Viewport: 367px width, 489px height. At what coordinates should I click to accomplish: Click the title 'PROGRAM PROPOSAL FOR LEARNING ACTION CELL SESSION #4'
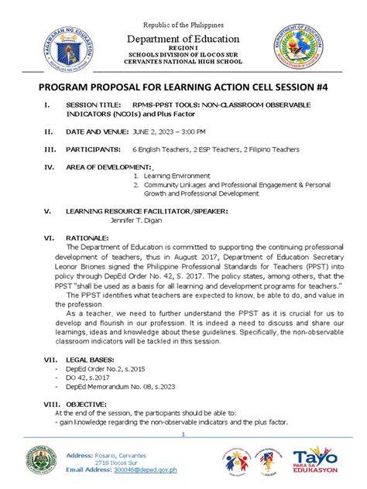[184, 87]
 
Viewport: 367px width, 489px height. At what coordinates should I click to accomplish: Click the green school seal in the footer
[39, 463]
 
